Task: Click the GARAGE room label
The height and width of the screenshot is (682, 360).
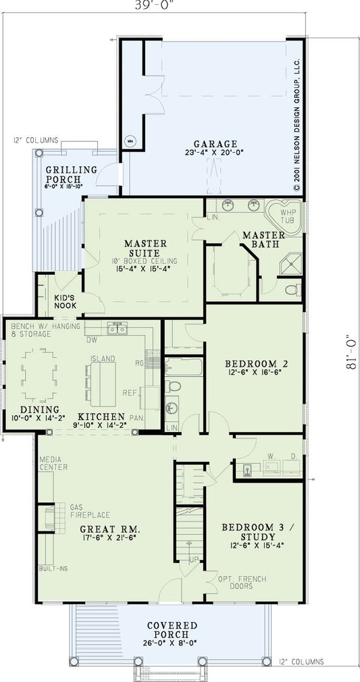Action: pyautogui.click(x=215, y=143)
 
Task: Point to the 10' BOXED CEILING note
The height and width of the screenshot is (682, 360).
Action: pyautogui.click(x=145, y=260)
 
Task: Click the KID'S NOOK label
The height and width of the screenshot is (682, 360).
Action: pyautogui.click(x=66, y=301)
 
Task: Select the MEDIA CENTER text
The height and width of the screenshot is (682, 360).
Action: pyautogui.click(x=53, y=463)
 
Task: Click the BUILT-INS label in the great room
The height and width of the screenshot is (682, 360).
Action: pyautogui.click(x=53, y=569)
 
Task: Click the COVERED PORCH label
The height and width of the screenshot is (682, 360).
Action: pyautogui.click(x=173, y=630)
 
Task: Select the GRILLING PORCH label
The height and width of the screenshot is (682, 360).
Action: pyautogui.click(x=72, y=174)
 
